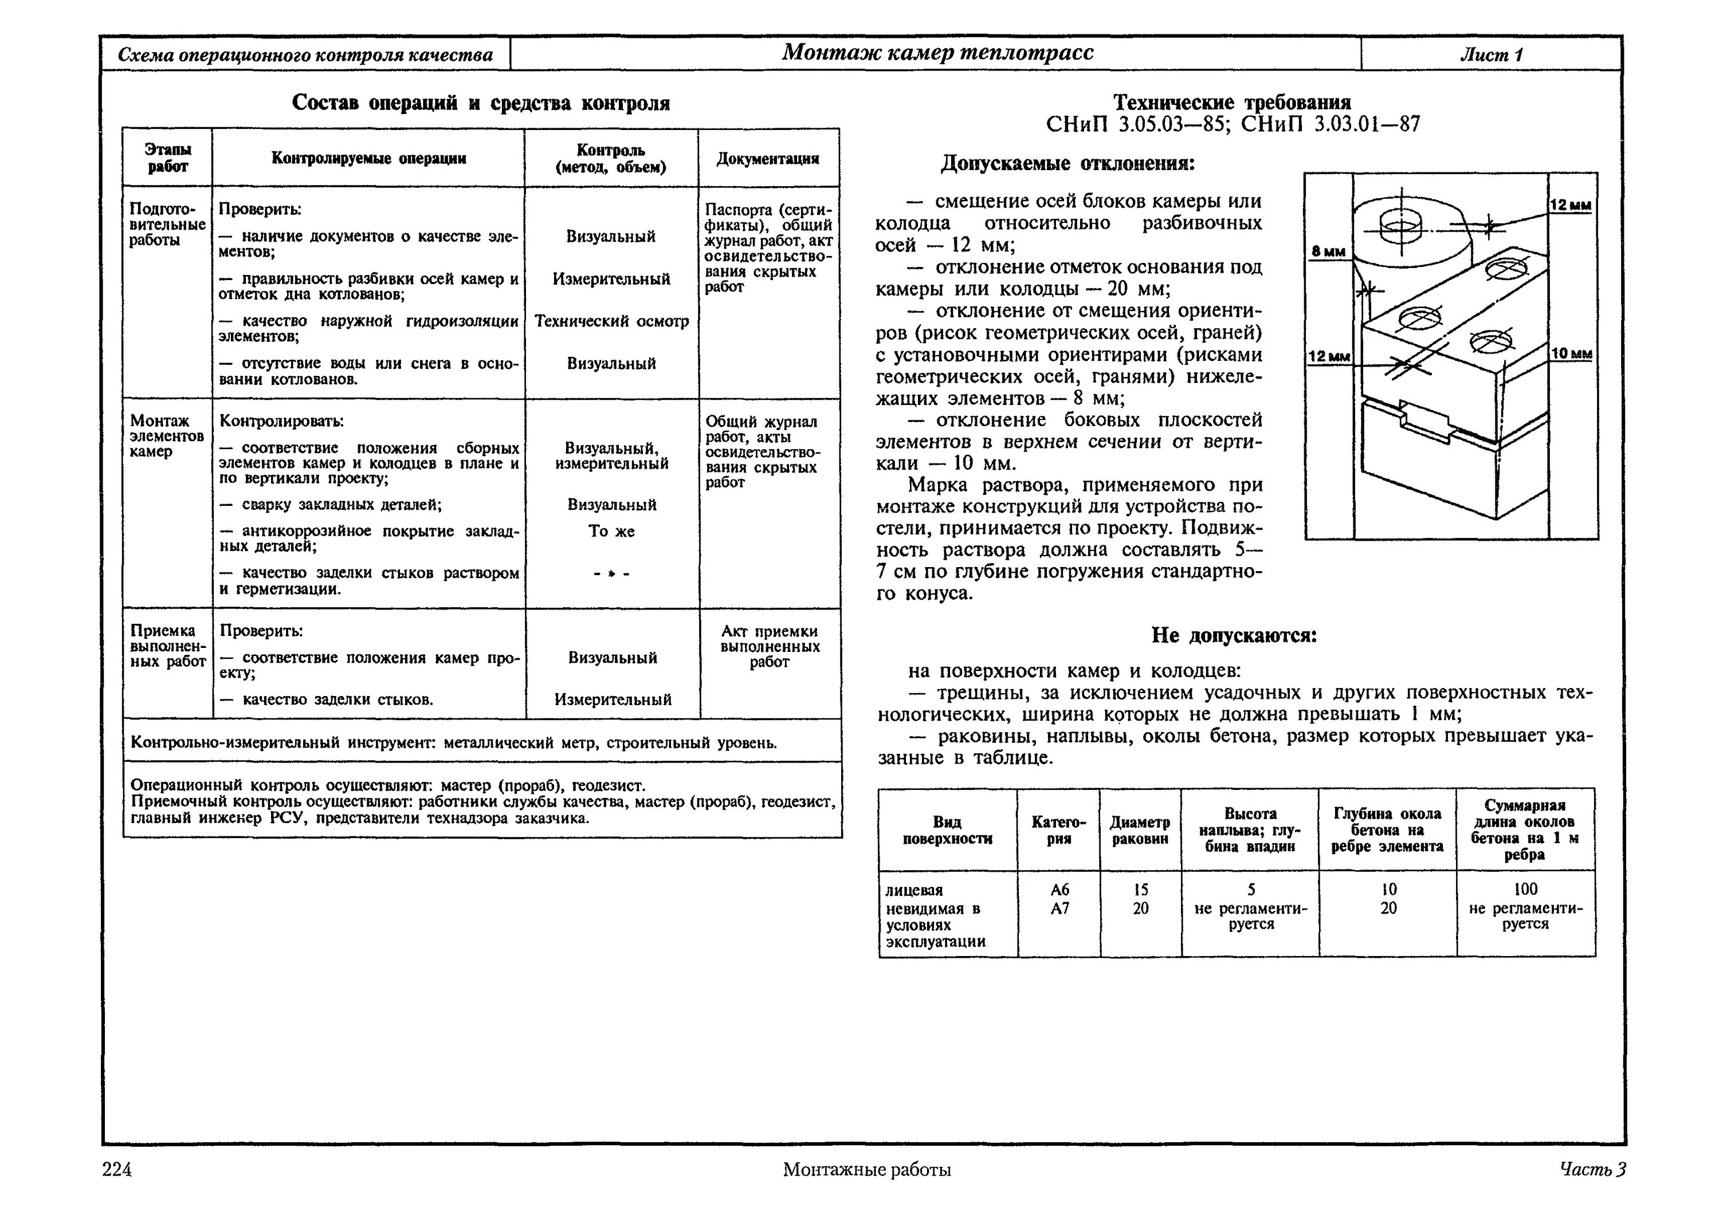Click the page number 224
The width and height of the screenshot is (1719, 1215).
pyautogui.click(x=117, y=1169)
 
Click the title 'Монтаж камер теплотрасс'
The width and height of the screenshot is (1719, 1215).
pyautogui.click(x=937, y=52)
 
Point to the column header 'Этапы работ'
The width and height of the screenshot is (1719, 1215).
pyautogui.click(x=167, y=159)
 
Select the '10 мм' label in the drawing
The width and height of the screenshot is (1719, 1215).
pyautogui.click(x=1572, y=353)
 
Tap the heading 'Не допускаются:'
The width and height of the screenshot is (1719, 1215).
pyautogui.click(x=1234, y=636)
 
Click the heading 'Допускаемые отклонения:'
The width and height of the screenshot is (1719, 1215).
pyautogui.click(x=1067, y=163)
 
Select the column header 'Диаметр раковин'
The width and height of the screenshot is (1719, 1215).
pyautogui.click(x=1140, y=830)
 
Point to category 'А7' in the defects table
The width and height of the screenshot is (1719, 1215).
pyautogui.click(x=1059, y=908)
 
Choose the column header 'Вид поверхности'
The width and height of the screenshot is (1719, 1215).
pyautogui.click(x=947, y=830)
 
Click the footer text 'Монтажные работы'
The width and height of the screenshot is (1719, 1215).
pyautogui.click(x=867, y=1169)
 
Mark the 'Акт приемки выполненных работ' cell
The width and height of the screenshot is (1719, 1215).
pyautogui.click(x=770, y=647)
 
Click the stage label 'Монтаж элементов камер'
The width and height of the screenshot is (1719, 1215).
pyautogui.click(x=166, y=437)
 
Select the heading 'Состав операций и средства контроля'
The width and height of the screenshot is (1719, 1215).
pyautogui.click(x=481, y=103)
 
